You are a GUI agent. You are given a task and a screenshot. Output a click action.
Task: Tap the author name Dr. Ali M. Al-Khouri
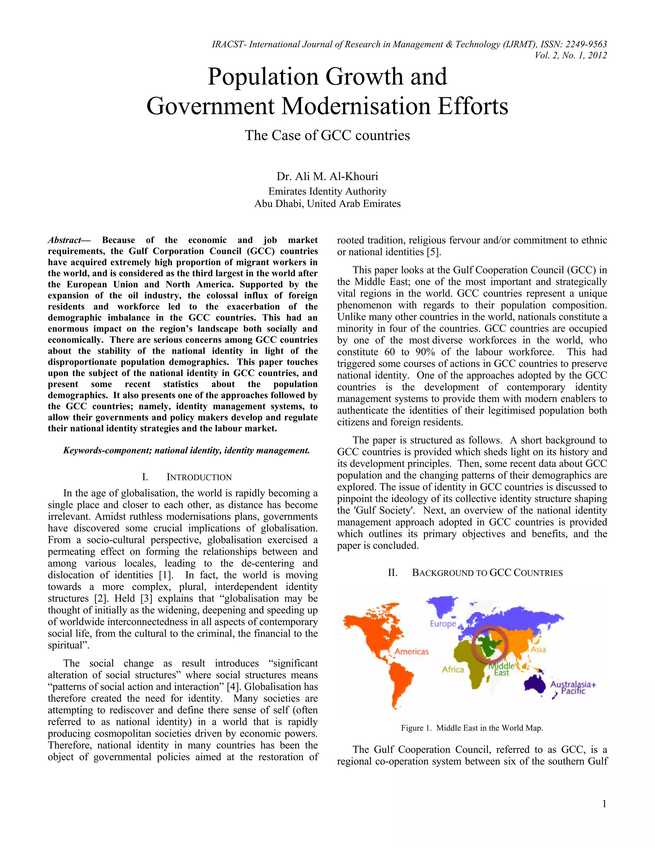[327, 176]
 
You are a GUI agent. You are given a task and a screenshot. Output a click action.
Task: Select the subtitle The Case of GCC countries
[327, 135]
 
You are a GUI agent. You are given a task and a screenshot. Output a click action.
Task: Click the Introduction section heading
[199, 477]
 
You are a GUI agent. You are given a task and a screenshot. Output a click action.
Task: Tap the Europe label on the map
[442, 624]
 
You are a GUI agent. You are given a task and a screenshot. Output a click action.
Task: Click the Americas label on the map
[411, 652]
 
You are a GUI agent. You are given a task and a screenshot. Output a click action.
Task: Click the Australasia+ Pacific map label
[573, 687]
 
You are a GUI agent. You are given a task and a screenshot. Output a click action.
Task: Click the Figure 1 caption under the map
[472, 728]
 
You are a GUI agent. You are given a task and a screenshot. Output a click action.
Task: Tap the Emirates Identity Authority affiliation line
[327, 191]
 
